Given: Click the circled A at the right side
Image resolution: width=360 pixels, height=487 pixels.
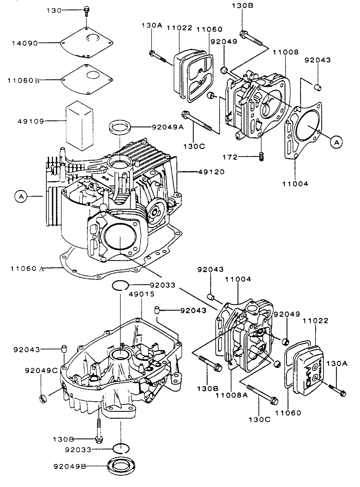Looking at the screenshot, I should click(336, 143).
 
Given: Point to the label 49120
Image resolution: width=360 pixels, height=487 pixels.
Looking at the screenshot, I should click(210, 172).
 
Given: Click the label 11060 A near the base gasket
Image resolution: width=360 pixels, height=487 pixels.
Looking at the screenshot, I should click(27, 269).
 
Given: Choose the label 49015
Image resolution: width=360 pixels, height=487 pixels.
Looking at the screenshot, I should click(141, 294).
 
